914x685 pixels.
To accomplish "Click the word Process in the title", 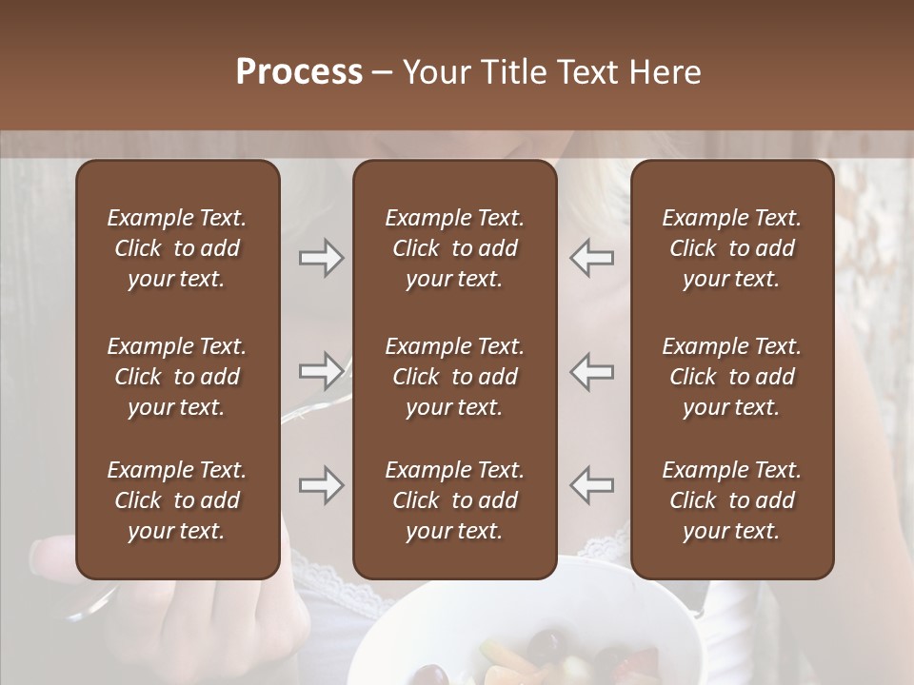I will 299,72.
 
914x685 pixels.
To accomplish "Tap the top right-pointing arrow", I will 321,258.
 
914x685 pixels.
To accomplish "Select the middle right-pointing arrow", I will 321,370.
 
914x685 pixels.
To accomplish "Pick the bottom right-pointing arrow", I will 321,485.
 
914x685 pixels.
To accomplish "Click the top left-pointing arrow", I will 591,258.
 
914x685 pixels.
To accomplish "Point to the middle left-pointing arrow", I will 591,370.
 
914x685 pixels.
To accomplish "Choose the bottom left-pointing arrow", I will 591,485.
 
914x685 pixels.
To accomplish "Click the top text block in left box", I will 177,248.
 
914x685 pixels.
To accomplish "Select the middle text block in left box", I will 177,377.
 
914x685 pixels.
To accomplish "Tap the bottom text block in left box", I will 177,500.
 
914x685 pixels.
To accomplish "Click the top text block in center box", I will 454,248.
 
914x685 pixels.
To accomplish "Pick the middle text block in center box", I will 454,377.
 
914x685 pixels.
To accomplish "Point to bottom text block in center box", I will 454,500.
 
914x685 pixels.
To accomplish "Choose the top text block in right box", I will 731,248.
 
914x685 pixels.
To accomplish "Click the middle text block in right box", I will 731,377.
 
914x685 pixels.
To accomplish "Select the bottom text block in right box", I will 731,500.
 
